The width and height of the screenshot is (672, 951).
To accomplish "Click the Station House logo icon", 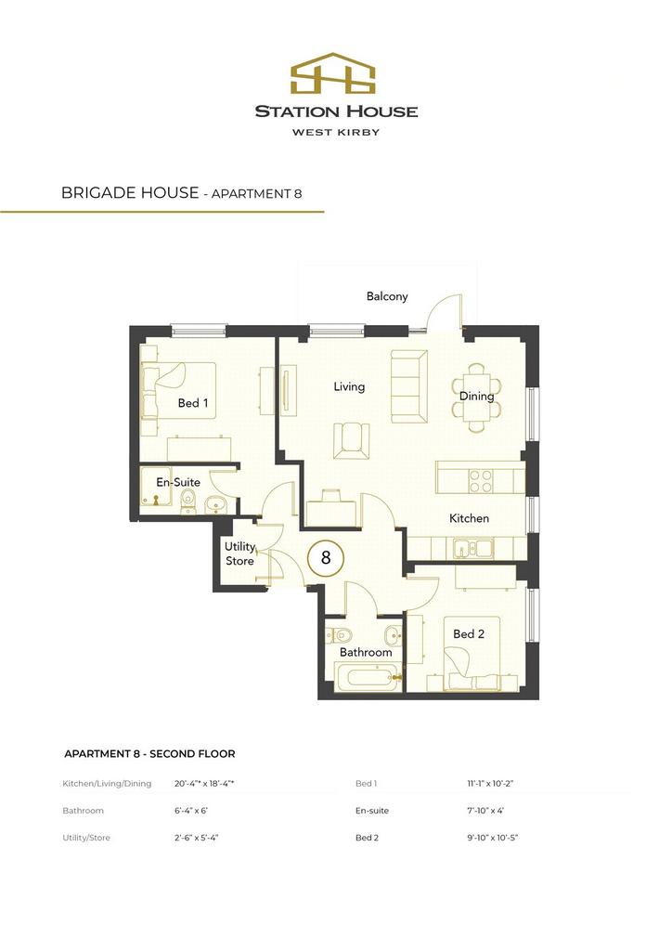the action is coord(332,72).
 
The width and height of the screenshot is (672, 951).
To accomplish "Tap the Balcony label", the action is coord(387,296).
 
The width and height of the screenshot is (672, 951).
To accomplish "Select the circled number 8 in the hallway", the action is coord(326,557).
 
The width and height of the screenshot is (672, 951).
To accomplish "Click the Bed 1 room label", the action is coord(193,403).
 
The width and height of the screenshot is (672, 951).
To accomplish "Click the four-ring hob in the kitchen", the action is coord(481,480).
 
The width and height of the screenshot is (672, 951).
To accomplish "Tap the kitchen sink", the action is coord(473,549).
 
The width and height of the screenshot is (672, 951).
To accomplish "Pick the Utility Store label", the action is coord(240,554).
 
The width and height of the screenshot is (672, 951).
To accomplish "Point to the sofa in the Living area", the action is coord(409,385).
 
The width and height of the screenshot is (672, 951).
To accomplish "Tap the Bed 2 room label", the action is coord(469,633).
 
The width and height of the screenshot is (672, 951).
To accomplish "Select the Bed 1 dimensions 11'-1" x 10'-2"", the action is coord(489,783).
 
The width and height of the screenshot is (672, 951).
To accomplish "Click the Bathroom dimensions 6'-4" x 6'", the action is coord(191,810).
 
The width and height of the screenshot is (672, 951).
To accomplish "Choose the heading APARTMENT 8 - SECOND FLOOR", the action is coord(149,754).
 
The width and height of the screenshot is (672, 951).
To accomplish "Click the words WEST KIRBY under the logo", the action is coord(336,132).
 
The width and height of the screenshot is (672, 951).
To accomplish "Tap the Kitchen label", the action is coord(469,518).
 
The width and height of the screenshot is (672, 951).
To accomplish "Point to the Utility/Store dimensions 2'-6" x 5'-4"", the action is coord(197,838).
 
